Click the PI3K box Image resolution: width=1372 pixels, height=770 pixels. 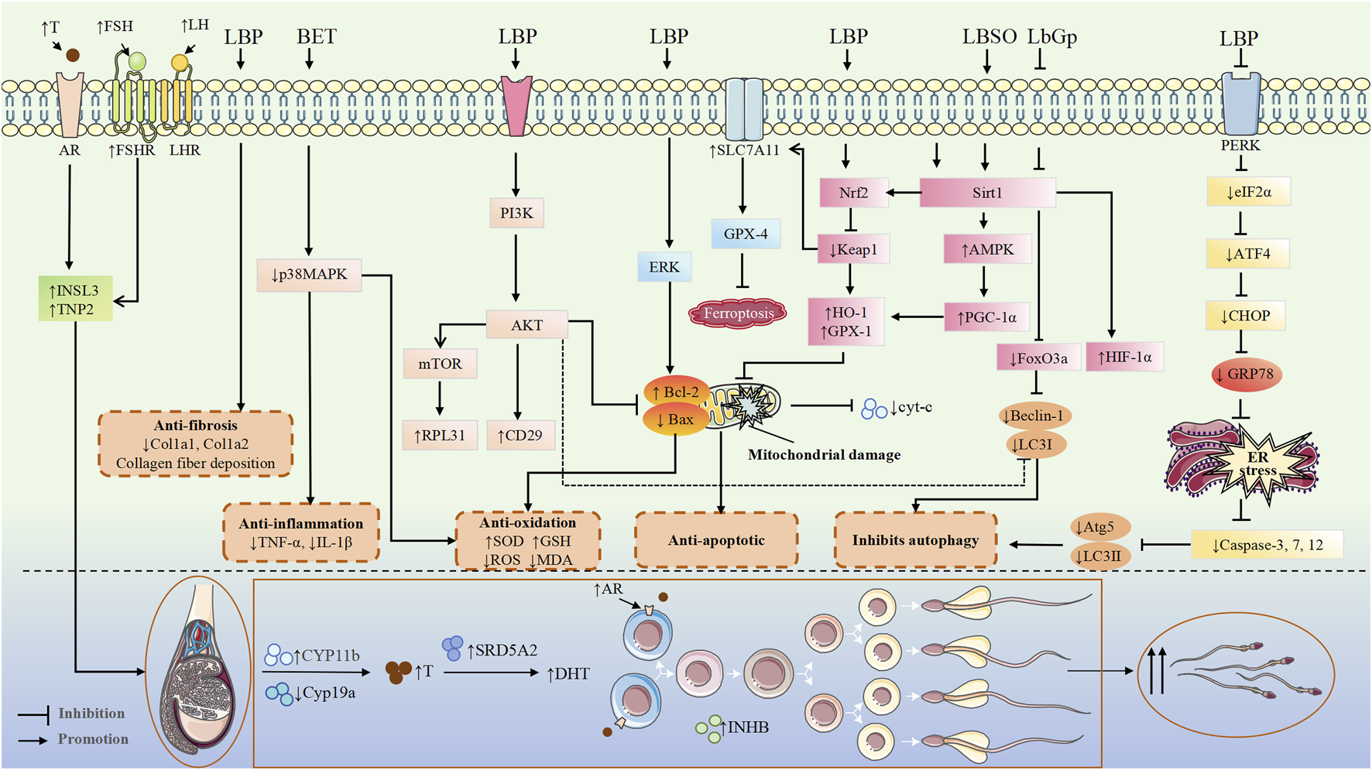tap(516, 213)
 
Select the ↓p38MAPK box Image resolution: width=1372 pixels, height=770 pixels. tap(309, 275)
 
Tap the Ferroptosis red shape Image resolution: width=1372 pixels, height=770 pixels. tap(738, 313)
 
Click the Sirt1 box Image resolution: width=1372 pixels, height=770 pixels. tap(987, 193)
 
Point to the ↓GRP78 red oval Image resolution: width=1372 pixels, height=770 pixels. tap(1246, 375)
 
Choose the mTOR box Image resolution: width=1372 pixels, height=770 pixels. tap(440, 364)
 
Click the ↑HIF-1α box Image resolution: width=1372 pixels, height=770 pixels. tap(1124, 358)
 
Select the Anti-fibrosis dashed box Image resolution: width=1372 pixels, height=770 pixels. tap(195, 444)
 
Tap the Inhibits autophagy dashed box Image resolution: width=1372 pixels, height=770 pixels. tap(915, 540)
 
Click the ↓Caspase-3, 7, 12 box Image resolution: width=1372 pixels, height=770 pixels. tap(1267, 546)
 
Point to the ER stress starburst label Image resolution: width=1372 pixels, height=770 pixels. tap(1257, 464)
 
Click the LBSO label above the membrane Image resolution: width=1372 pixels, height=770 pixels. tap(989, 36)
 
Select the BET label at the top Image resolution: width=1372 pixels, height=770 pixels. tap(316, 36)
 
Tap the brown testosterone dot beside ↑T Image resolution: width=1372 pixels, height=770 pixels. tap(73, 55)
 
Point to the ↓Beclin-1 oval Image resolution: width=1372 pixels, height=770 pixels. tap(1036, 416)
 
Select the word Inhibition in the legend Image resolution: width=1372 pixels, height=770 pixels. tap(91, 714)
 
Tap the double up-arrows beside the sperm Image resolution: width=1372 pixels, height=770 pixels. tap(1156, 670)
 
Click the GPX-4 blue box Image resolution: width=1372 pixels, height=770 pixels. tap(745, 234)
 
